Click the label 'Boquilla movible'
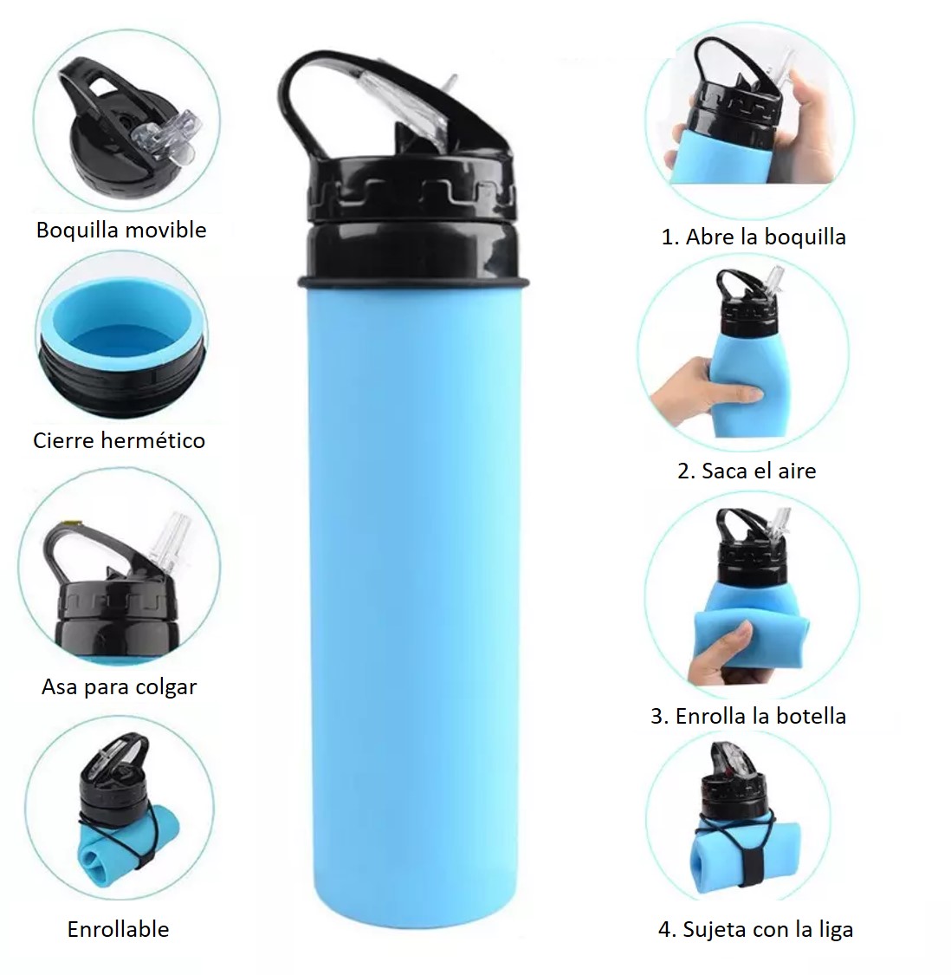121,230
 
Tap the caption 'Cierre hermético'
119,440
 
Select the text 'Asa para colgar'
120,687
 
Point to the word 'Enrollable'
118,929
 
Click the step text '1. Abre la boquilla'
754,237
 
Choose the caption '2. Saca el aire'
747,471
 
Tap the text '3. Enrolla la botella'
748,716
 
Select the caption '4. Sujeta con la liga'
755,930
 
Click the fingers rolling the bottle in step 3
728,653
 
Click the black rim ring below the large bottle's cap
413,283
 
